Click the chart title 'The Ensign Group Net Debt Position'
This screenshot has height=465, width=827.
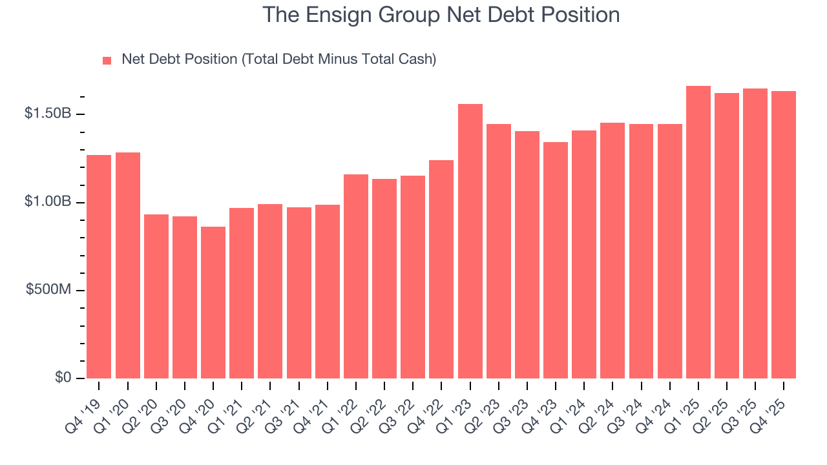click(441, 15)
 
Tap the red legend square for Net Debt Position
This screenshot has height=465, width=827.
click(107, 61)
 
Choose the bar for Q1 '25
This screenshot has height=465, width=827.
click(698, 232)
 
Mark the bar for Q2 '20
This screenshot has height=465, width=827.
click(156, 296)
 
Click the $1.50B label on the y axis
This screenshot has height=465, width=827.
click(48, 114)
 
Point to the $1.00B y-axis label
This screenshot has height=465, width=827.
click(48, 202)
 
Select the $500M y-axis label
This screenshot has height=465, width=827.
click(49, 290)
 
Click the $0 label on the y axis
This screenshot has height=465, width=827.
click(63, 378)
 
